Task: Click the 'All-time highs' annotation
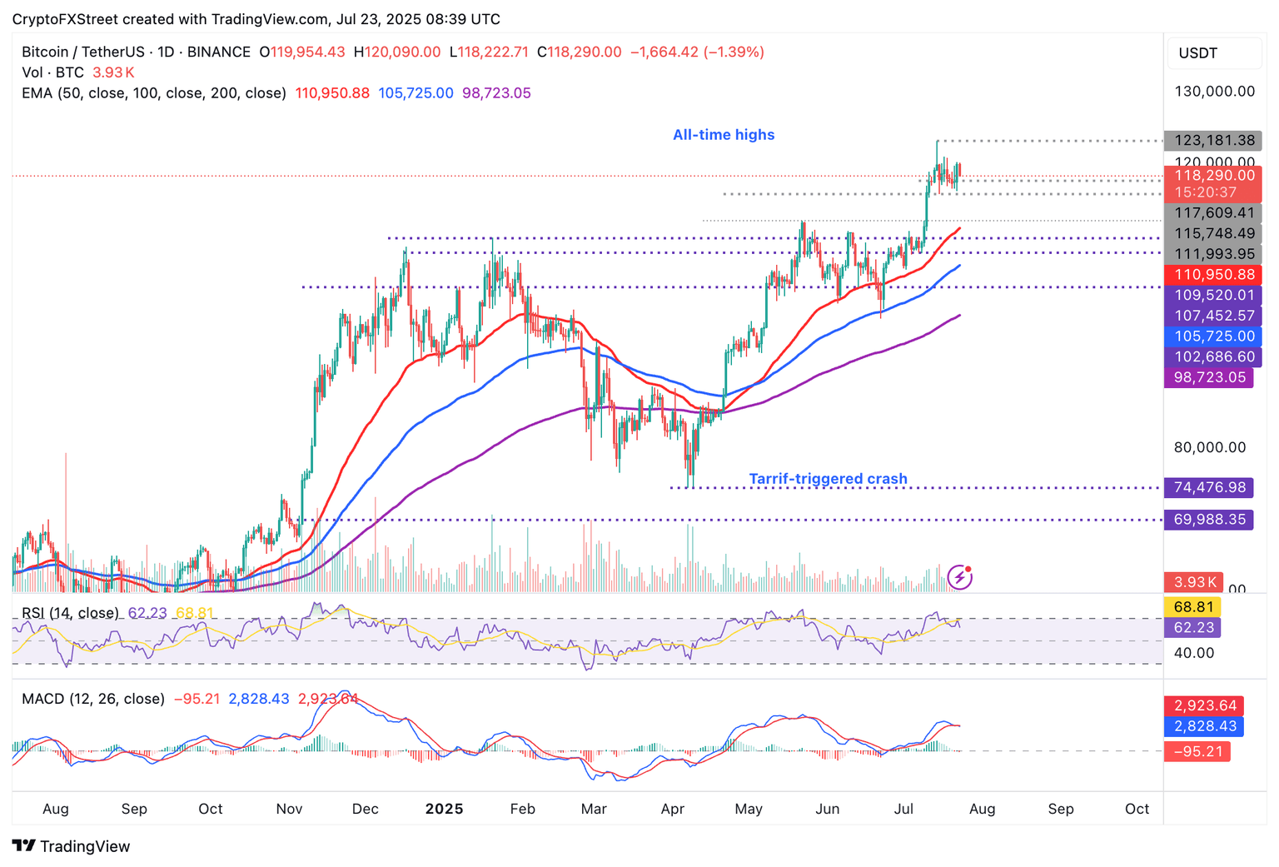click(724, 135)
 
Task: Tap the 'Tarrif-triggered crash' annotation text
click(828, 479)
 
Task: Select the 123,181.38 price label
click(1214, 141)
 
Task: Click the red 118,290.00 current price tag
click(1214, 176)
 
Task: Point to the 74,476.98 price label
click(1209, 488)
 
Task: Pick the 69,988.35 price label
click(1209, 520)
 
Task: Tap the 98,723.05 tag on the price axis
click(1209, 377)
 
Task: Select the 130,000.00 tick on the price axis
click(1214, 92)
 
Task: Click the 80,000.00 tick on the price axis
click(1209, 447)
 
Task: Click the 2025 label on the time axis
click(444, 809)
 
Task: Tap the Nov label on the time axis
click(289, 809)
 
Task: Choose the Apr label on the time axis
click(672, 809)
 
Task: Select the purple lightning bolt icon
click(960, 576)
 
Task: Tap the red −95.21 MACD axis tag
click(1197, 752)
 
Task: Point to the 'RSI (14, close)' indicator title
click(70, 613)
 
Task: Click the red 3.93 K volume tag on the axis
click(1194, 582)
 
